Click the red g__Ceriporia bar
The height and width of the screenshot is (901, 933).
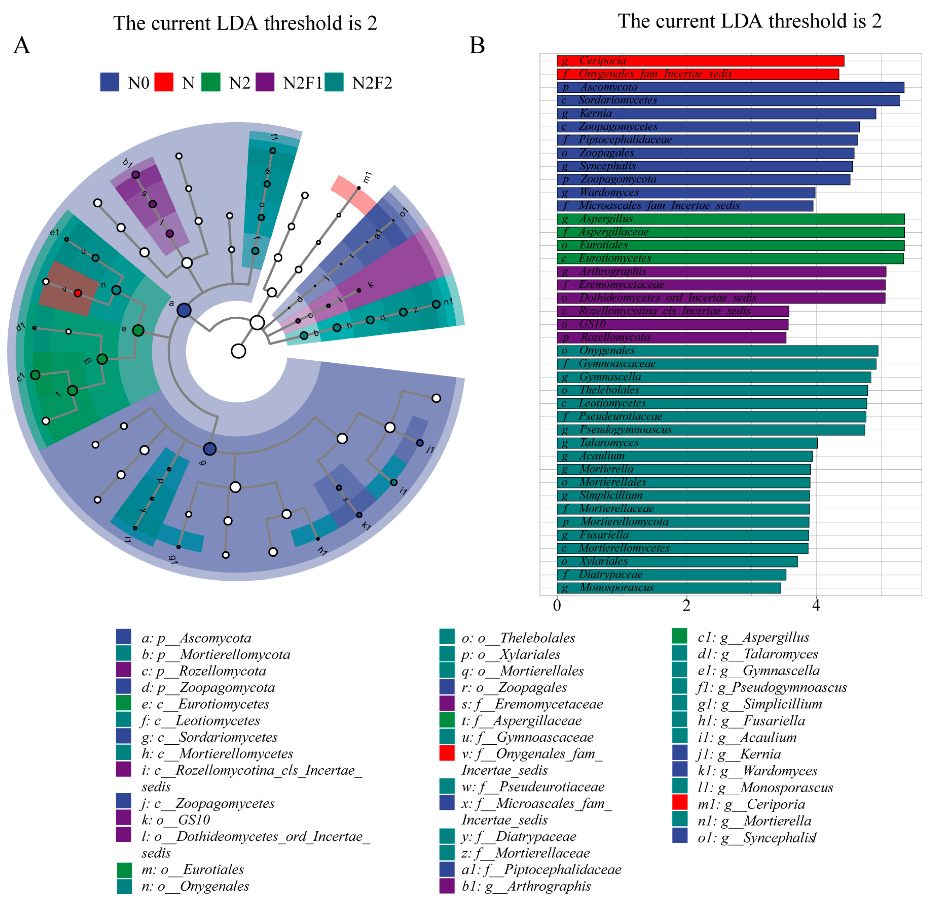[x=700, y=61]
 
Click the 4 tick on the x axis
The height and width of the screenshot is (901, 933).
[x=816, y=606]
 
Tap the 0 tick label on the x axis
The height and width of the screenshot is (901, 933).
[x=557, y=606]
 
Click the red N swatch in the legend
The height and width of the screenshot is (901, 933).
[x=164, y=82]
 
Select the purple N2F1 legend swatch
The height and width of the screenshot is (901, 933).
[x=265, y=82]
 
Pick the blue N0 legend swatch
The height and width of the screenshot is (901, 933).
[x=110, y=82]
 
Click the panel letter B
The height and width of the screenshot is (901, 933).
[x=477, y=45]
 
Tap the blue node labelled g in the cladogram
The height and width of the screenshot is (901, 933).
[x=210, y=449]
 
